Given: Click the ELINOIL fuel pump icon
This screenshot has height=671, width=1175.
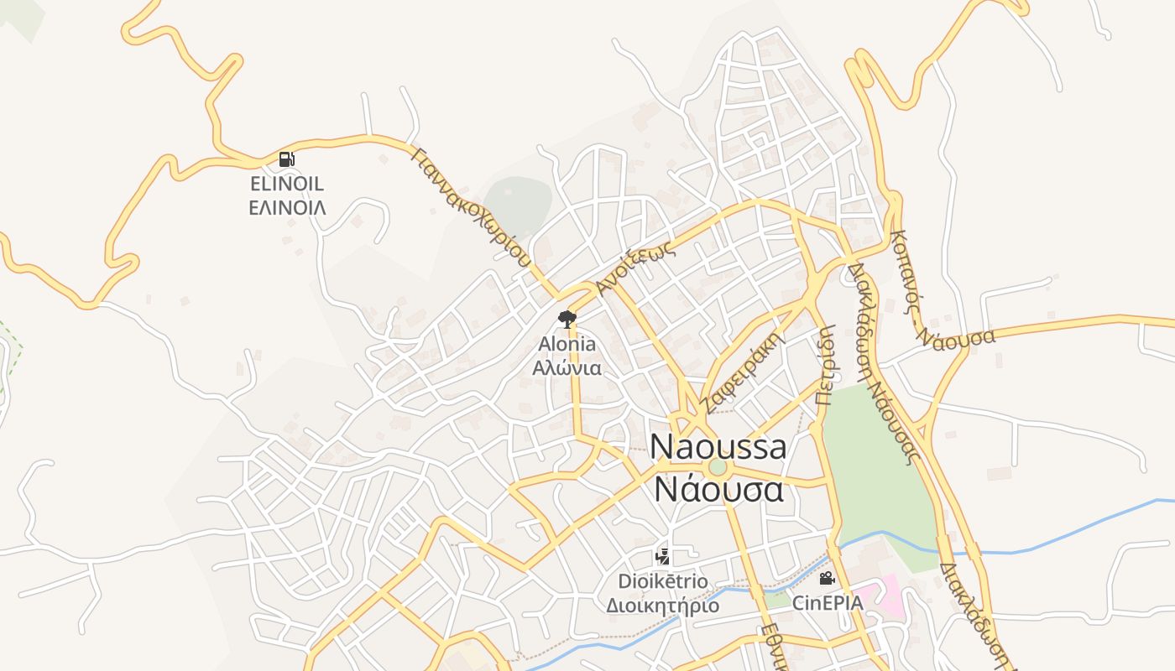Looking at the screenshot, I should coord(287,159).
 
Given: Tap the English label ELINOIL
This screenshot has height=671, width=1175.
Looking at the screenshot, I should coord(287,184).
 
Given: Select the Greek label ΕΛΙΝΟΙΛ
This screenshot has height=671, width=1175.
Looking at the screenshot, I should coord(287,207).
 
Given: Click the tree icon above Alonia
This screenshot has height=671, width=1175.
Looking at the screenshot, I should coord(567,319).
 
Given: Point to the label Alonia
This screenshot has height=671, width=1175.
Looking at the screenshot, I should coord(567,344).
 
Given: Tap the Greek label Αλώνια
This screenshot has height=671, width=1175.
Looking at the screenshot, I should coord(567,367).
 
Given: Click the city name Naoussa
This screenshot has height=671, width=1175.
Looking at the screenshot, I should coord(718,447).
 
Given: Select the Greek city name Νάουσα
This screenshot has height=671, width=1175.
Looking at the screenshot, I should coord(718,489).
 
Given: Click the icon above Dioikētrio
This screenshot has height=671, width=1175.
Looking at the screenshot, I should coord(662,556).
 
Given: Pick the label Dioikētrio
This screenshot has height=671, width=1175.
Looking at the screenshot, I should coord(662,581).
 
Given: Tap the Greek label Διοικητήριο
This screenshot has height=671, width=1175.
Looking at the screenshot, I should coord(662,605).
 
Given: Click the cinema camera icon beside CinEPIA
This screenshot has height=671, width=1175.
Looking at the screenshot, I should coord(827,578).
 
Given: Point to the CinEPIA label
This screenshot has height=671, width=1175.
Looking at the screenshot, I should coord(827,602).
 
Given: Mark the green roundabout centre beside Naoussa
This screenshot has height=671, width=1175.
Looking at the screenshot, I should coord(717,467).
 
